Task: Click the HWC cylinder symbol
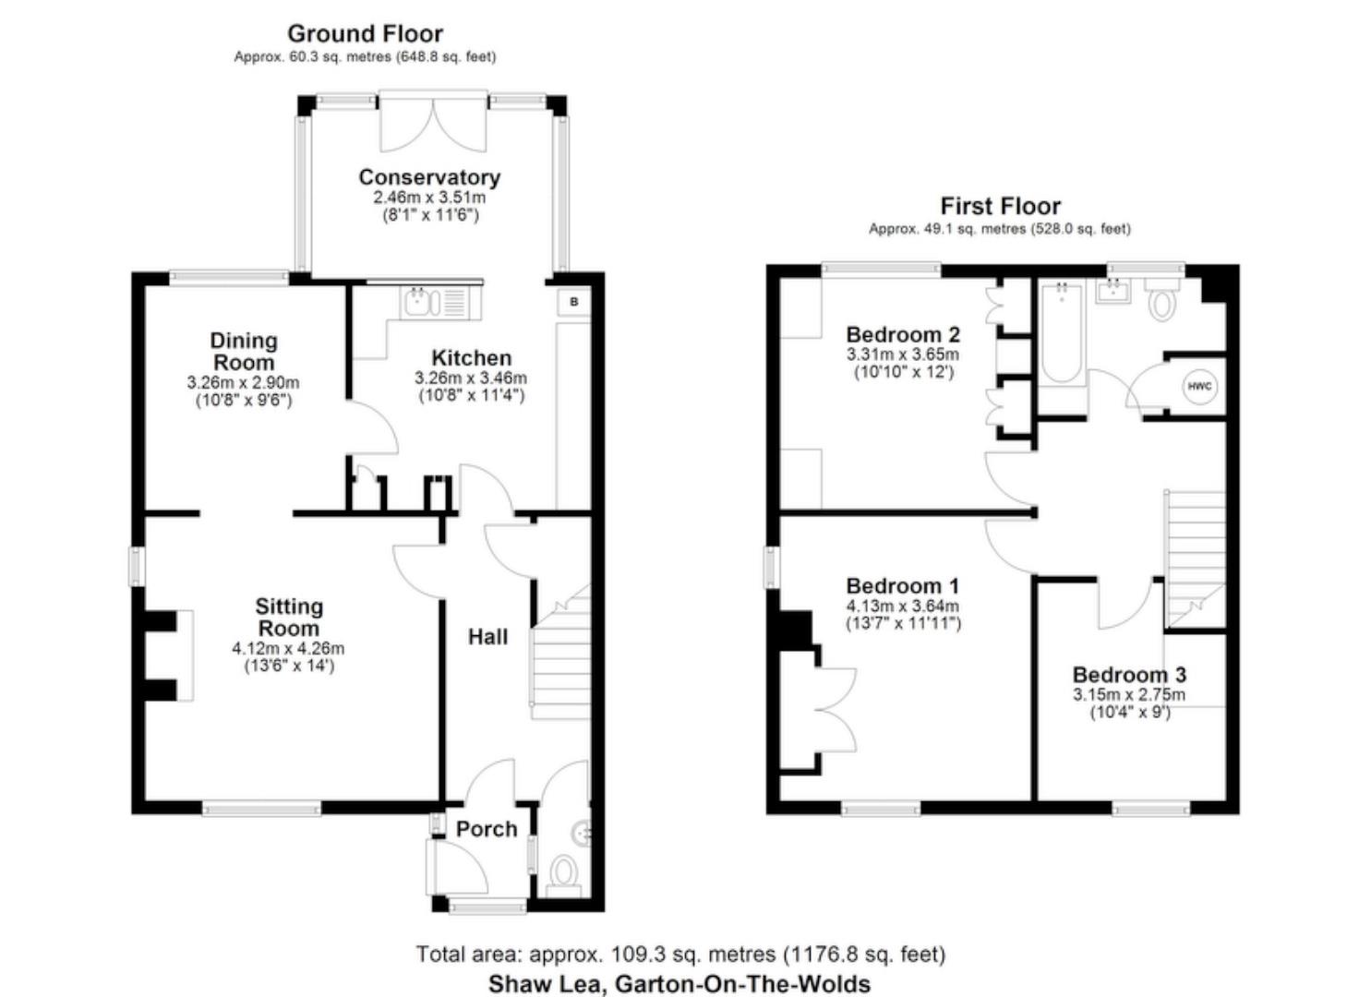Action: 1198,386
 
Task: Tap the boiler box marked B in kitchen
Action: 573,302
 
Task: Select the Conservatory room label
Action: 429,177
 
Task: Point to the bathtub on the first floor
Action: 1062,334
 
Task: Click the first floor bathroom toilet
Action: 1162,301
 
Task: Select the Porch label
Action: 487,829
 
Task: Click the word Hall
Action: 487,637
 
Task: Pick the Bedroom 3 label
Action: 1129,675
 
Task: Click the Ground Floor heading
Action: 366,34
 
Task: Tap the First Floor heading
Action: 1000,206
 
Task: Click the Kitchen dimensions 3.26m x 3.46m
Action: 471,378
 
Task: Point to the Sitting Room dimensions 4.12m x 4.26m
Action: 288,648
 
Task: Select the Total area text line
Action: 680,955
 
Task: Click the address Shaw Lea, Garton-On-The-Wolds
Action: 679,984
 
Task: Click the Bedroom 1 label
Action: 902,586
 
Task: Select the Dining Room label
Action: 244,352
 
